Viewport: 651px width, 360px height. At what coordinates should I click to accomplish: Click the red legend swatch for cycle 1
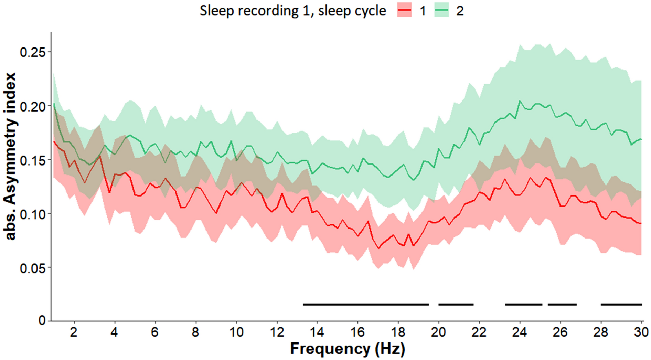tap(404, 11)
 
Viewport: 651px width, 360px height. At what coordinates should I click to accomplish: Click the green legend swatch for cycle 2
tap(441, 11)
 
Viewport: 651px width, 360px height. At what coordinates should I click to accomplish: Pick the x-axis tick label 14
tap(317, 332)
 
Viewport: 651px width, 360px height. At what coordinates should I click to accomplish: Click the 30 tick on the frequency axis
tap(641, 332)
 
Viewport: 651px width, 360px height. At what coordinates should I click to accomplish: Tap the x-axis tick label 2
tap(73, 332)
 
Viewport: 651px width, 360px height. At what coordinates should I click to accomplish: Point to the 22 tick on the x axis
tap(479, 332)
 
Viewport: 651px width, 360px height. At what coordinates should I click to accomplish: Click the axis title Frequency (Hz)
tap(348, 349)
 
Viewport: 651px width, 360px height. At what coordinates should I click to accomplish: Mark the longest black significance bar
tap(366, 304)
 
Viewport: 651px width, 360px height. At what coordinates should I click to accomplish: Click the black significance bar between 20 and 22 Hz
tap(456, 304)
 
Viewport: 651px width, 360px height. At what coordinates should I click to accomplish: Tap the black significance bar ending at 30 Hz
tap(621, 304)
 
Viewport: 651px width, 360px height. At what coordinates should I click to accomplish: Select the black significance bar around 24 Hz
tap(523, 304)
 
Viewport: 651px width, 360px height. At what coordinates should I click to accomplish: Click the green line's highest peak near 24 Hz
tap(520, 101)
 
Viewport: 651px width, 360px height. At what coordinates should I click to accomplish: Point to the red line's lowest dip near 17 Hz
tap(379, 248)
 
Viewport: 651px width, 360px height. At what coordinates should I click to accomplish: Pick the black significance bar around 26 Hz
tap(562, 304)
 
